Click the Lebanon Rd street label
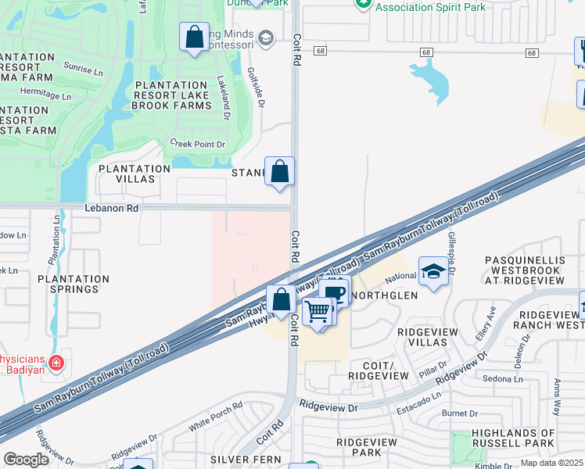111,209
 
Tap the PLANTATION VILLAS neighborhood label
135,174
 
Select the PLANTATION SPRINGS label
74,284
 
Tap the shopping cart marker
318,311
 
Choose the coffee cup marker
335,293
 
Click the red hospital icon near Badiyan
56,363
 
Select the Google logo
26,460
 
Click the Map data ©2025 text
551,463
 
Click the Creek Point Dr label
197,144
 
